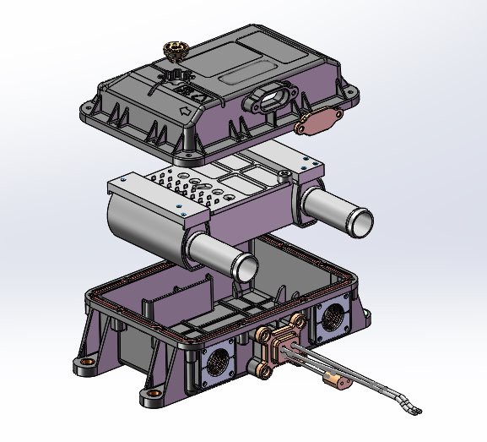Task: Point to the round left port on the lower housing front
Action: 219,361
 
